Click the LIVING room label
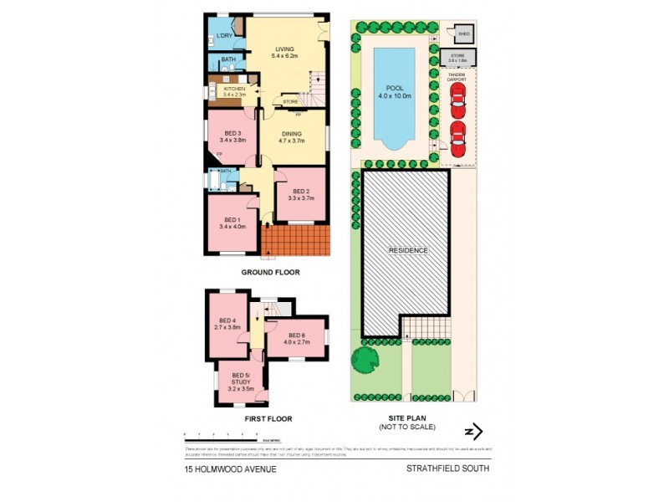287,48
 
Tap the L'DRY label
223,36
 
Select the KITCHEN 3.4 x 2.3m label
233,91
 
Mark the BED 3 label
232,137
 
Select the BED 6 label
297,337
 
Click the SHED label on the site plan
464,33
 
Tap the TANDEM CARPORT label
457,76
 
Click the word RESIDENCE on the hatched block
407,250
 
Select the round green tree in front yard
365,361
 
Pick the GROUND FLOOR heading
270,272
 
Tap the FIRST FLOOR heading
268,417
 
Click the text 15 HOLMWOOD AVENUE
230,469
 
